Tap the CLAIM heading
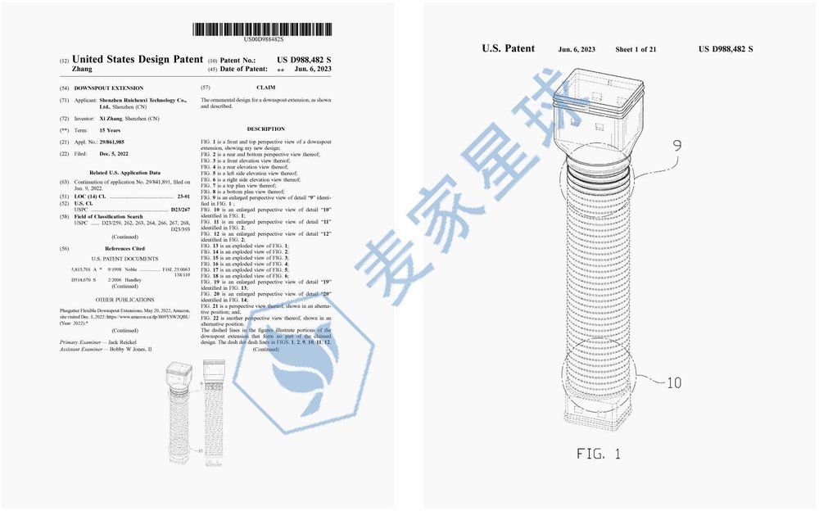[x=265, y=88]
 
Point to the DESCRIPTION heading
[x=265, y=129]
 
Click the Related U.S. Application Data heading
[x=124, y=173]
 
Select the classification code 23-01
[x=183, y=198]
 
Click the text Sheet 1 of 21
[x=636, y=49]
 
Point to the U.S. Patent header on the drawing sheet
[x=508, y=49]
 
